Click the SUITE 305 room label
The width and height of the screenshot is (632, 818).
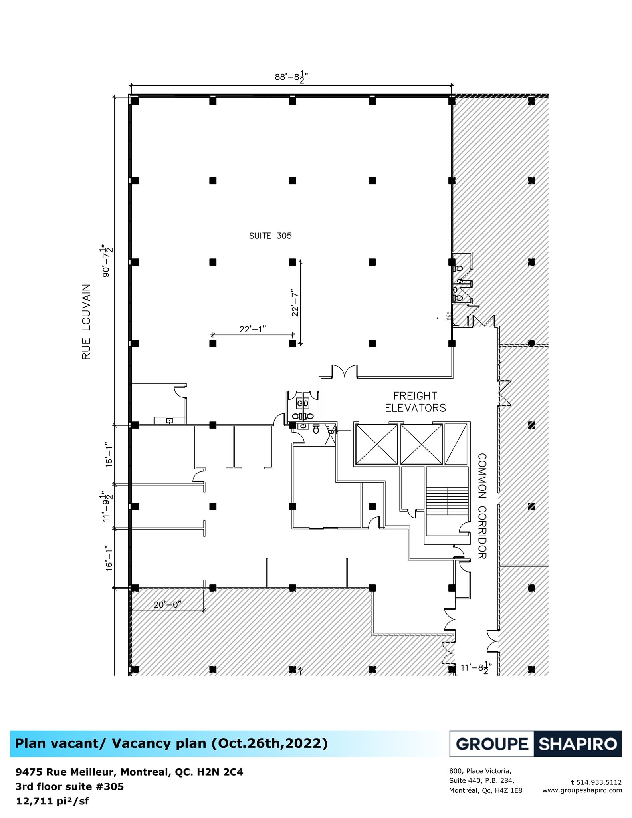click(x=270, y=236)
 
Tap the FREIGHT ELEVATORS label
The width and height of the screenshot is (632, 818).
click(x=415, y=402)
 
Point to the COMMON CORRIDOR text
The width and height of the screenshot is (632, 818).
click(x=482, y=506)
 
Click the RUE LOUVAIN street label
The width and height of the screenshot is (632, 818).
click(x=87, y=322)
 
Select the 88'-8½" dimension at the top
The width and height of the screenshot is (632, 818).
click(x=291, y=77)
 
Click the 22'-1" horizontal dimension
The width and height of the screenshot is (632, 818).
click(x=253, y=329)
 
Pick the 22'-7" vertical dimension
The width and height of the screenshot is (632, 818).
click(x=295, y=302)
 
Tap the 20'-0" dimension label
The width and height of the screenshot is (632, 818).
click(x=167, y=604)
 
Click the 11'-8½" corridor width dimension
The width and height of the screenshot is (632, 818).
click(x=476, y=667)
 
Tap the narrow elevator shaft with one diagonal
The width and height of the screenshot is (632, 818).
click(x=456, y=444)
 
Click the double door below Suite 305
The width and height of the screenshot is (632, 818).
click(x=344, y=371)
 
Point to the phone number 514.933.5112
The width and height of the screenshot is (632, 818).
click(x=599, y=782)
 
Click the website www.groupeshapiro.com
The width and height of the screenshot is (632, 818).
click(x=582, y=790)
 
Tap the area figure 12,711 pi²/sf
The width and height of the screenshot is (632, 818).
click(x=52, y=801)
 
